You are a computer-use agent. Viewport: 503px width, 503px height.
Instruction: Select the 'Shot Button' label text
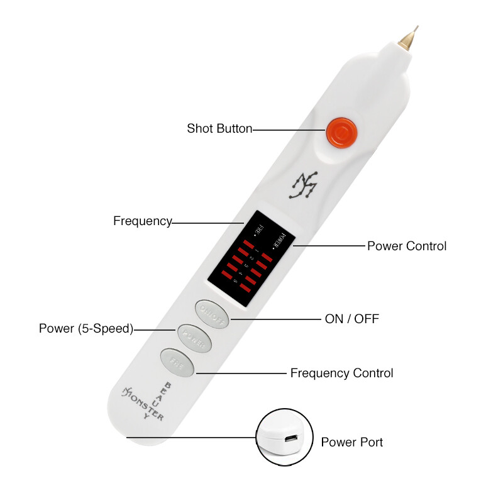click(219, 129)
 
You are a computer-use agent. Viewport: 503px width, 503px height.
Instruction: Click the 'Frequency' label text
click(143, 221)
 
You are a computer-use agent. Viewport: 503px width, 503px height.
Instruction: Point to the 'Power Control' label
click(407, 246)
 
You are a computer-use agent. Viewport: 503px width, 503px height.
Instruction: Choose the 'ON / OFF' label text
click(352, 319)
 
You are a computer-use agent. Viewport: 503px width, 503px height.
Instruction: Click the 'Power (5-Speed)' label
click(86, 328)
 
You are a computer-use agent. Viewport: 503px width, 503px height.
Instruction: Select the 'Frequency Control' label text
click(341, 373)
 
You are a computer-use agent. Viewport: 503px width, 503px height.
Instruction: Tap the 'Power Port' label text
click(352, 442)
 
